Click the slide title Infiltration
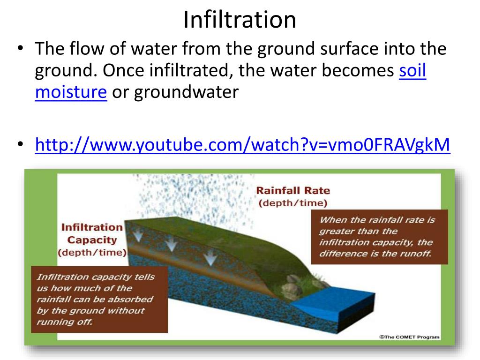(x=240, y=20)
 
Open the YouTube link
(x=242, y=145)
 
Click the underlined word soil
(x=412, y=71)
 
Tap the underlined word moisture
(x=71, y=92)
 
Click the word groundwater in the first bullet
(x=187, y=92)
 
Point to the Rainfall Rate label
(x=292, y=190)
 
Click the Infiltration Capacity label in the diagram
(x=91, y=233)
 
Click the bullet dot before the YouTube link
(x=20, y=145)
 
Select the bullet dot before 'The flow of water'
(x=20, y=49)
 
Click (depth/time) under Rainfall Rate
(x=292, y=203)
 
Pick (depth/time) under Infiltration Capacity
(x=91, y=252)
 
